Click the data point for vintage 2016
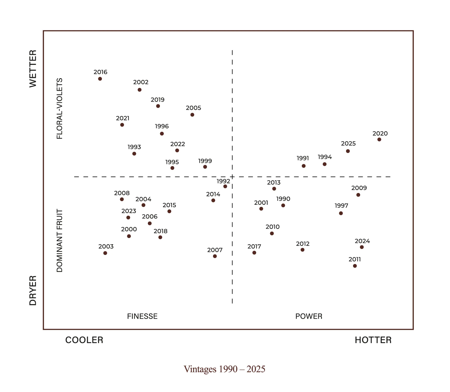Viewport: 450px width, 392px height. coord(100,79)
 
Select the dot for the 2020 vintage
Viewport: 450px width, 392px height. coord(379,139)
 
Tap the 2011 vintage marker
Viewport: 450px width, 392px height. coord(355,266)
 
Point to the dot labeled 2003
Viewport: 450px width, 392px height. coord(105,253)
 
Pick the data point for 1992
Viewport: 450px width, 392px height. coord(225,186)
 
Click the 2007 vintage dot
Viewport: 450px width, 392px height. coord(215,256)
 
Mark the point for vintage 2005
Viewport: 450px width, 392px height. coord(192,115)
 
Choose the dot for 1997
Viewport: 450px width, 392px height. coord(341,213)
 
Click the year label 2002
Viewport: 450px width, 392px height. coord(141,82)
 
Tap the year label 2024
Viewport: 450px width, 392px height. coord(362,241)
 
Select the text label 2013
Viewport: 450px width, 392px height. coord(274,182)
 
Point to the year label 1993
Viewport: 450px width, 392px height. coord(134,147)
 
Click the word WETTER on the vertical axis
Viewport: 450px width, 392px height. coord(33,69)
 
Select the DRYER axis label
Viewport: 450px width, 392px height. coord(33,290)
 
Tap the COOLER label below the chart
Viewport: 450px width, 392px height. coord(84,340)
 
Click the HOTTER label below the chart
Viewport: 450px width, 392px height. coord(373,340)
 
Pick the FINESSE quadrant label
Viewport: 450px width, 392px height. coord(142,316)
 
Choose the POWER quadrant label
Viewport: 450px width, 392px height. coord(309,316)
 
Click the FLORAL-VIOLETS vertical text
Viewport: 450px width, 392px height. coord(60,108)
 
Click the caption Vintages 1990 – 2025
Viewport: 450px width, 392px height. coord(224,369)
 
